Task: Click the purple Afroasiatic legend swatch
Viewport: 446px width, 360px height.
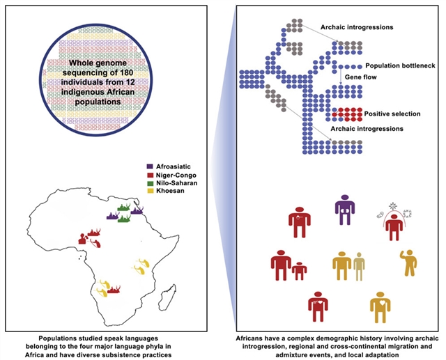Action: [x=151, y=166]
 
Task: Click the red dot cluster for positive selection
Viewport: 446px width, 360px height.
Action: [x=346, y=114]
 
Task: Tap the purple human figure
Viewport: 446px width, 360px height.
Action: [x=344, y=209]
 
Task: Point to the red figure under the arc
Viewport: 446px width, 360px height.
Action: [x=395, y=225]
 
